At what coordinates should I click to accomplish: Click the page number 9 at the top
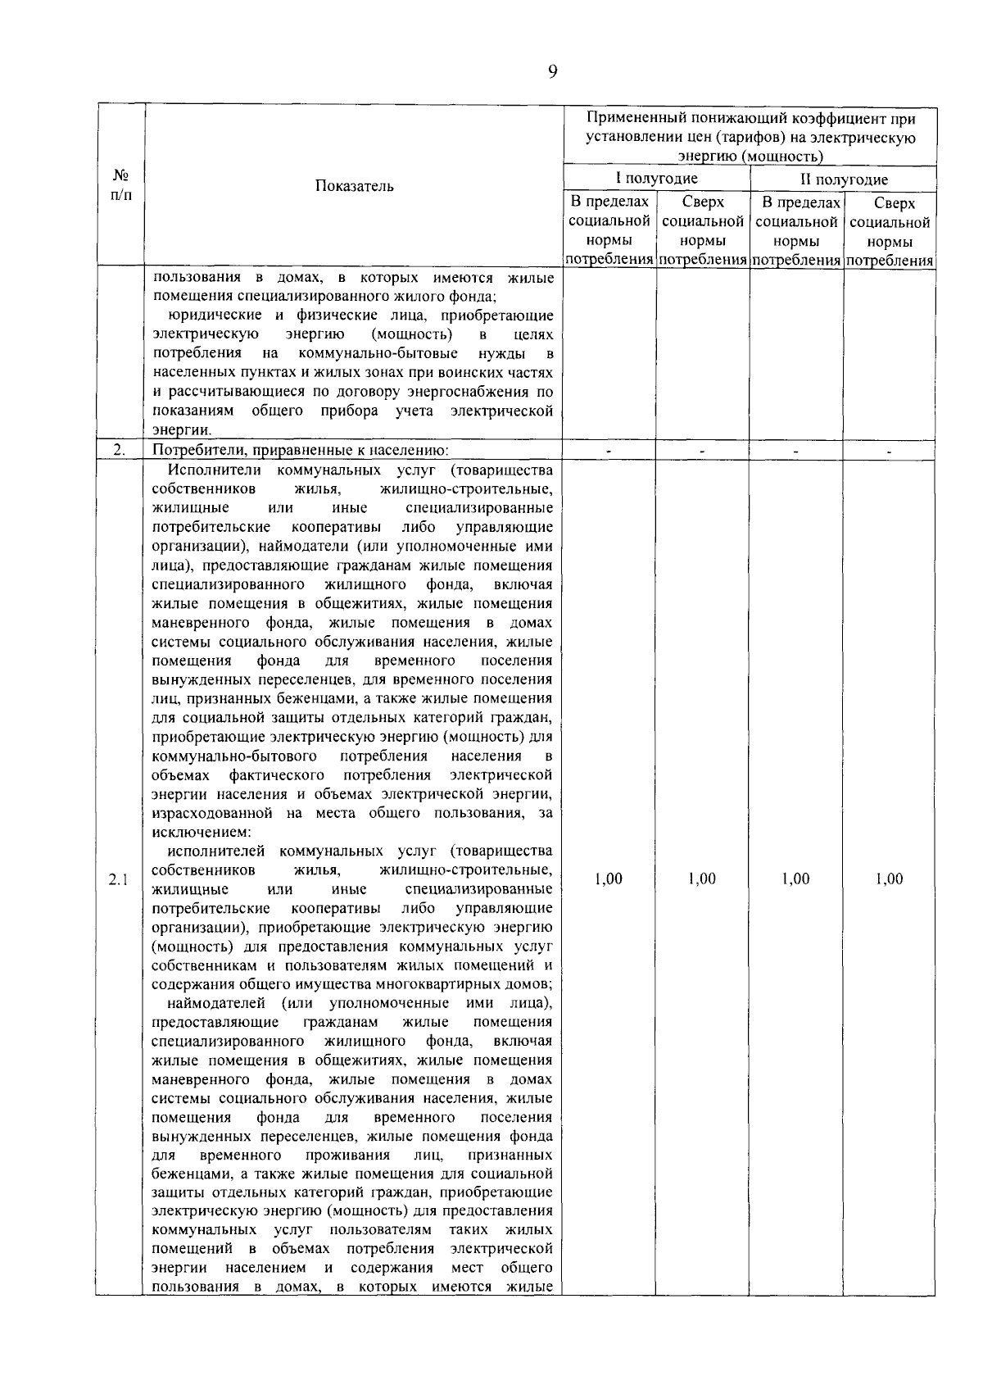coord(552,73)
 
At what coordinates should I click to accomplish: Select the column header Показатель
coord(355,186)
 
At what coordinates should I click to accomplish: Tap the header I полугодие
coord(656,179)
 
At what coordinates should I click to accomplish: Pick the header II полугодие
coord(844,179)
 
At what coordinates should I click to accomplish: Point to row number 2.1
coord(119,880)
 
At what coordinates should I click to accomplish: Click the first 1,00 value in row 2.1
coord(608,879)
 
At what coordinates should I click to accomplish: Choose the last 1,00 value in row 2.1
coord(889,879)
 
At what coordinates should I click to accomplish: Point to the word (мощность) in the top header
coord(787,157)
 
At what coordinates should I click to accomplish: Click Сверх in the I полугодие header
coord(702,202)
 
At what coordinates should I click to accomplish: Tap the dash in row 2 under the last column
coord(889,450)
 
